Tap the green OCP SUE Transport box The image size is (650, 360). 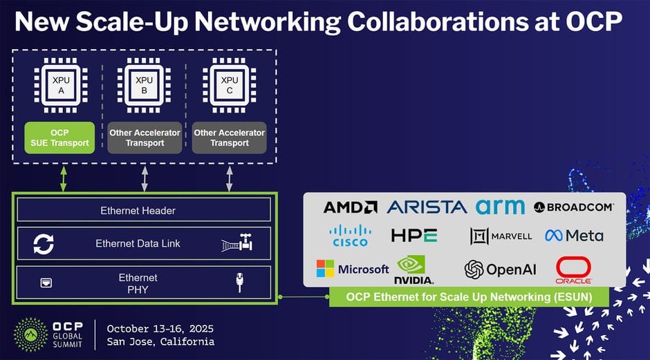[60, 138]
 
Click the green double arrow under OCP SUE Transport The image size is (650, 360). [64, 179]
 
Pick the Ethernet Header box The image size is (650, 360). [144, 209]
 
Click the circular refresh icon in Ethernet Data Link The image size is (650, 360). [44, 244]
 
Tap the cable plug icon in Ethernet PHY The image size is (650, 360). [239, 282]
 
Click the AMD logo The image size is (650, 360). [351, 207]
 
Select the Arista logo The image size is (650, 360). [427, 207]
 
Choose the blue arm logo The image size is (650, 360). [500, 207]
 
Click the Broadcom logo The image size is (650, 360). [574, 207]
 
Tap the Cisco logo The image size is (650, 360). [349, 236]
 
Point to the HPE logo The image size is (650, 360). [414, 236]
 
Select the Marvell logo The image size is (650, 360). [501, 236]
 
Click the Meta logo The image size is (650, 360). [574, 236]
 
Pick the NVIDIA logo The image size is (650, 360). [414, 269]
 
